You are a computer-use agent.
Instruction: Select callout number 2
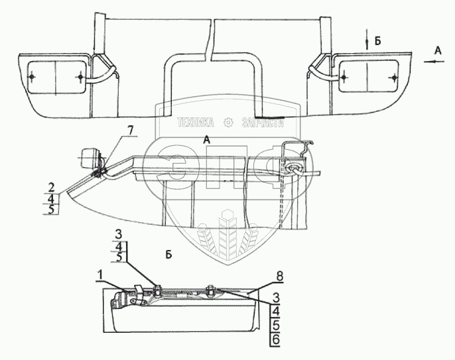click(52, 187)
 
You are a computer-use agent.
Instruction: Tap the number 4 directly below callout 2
click(52, 198)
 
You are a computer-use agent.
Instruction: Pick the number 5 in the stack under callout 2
click(52, 210)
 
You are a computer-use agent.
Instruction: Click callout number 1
click(99, 274)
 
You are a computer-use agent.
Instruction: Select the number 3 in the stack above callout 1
click(119, 233)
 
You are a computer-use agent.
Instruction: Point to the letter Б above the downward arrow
click(377, 40)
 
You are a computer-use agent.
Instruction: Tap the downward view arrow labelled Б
click(365, 40)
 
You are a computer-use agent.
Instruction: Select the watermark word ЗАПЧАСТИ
click(259, 123)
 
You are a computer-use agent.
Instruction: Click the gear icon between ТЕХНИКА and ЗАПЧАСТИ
click(228, 123)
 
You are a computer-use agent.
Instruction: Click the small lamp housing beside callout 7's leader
click(88, 160)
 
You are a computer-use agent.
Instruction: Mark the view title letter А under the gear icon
click(208, 140)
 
